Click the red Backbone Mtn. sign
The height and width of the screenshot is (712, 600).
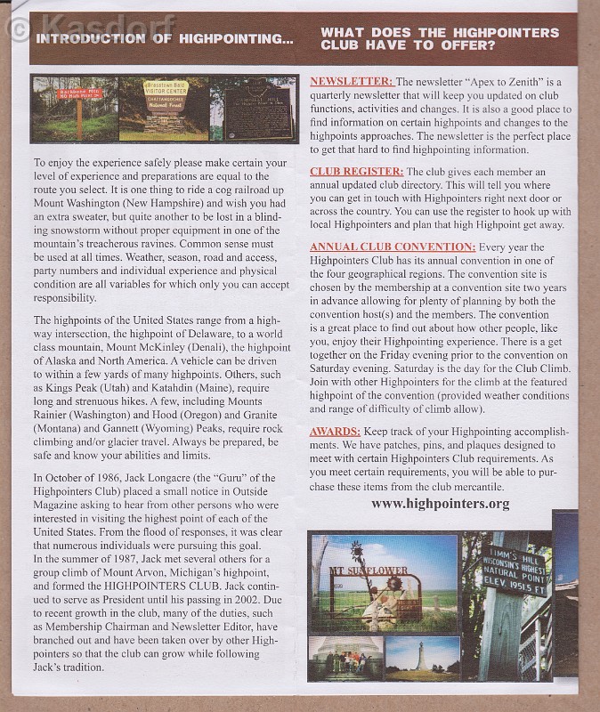(79, 93)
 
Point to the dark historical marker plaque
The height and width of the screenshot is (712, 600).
(257, 109)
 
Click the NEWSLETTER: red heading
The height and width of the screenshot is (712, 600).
(352, 81)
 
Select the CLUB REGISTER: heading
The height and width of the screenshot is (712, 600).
(356, 171)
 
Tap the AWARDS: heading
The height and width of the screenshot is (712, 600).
(335, 431)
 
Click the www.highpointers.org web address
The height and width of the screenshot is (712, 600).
(440, 504)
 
